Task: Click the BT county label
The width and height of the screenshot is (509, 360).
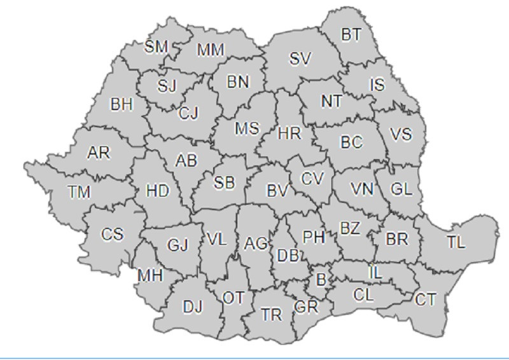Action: point(351,35)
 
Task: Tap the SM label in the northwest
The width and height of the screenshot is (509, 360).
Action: point(157,46)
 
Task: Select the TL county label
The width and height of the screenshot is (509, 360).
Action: point(456,242)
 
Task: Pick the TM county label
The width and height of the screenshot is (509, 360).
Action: point(79,191)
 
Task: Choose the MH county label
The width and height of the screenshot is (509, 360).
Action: point(150,275)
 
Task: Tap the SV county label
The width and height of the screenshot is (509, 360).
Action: point(300,59)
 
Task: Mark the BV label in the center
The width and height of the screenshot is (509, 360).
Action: point(277,190)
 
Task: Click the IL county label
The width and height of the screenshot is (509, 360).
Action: point(375,273)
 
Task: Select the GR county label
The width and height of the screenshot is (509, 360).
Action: point(306,307)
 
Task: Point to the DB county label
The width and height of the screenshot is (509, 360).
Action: point(289,255)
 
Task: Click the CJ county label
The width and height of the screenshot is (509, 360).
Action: point(188,113)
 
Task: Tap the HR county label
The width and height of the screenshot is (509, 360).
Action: point(290,134)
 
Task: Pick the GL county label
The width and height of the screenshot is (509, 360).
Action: point(401,190)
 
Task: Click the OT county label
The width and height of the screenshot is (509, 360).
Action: point(233,298)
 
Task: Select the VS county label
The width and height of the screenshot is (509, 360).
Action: point(400,134)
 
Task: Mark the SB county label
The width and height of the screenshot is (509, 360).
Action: point(224,183)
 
